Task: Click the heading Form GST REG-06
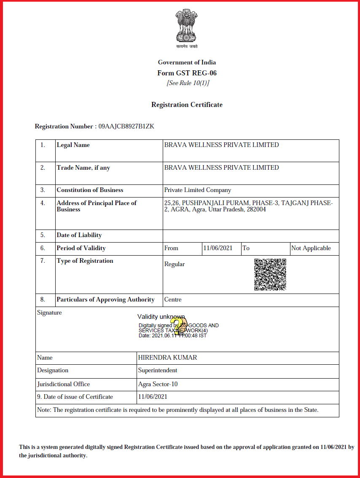(187, 73)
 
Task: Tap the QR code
(270, 275)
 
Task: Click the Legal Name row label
(73, 145)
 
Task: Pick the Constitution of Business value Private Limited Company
(198, 190)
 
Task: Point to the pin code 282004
(256, 209)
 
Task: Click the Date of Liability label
(79, 235)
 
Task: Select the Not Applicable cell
(311, 248)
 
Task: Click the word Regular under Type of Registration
(175, 264)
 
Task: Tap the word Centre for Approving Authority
(173, 299)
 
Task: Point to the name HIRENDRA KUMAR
(167, 358)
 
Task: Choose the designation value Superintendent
(158, 370)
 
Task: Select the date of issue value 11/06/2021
(153, 396)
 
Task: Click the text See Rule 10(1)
(188, 83)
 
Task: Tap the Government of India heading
(187, 62)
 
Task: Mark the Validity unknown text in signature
(161, 317)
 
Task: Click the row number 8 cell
(43, 299)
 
